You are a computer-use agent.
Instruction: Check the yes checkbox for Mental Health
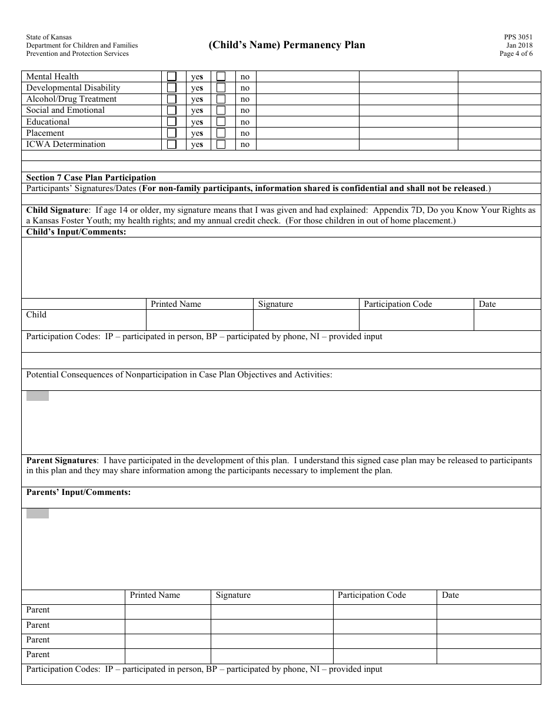172,76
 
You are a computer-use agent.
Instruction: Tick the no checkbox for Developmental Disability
221,88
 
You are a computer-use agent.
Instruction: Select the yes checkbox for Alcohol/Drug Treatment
172,99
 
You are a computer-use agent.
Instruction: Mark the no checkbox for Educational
221,122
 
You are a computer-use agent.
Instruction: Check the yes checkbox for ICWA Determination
172,144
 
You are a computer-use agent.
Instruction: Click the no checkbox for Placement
221,133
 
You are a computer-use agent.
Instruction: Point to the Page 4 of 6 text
516,53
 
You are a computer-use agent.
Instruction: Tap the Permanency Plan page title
287,45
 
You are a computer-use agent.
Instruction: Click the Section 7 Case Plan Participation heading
91,178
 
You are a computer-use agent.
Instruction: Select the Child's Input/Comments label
76,232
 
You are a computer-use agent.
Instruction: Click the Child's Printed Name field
199,320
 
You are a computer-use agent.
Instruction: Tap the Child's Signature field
306,320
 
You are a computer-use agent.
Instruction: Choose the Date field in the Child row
507,320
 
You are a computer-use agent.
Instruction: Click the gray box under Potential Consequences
38,396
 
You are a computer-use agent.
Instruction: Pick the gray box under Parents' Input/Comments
38,514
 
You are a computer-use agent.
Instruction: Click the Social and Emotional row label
65,110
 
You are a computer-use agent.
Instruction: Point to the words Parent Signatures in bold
61,460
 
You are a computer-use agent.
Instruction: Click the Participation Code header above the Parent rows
372,595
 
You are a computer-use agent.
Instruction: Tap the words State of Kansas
49,37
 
